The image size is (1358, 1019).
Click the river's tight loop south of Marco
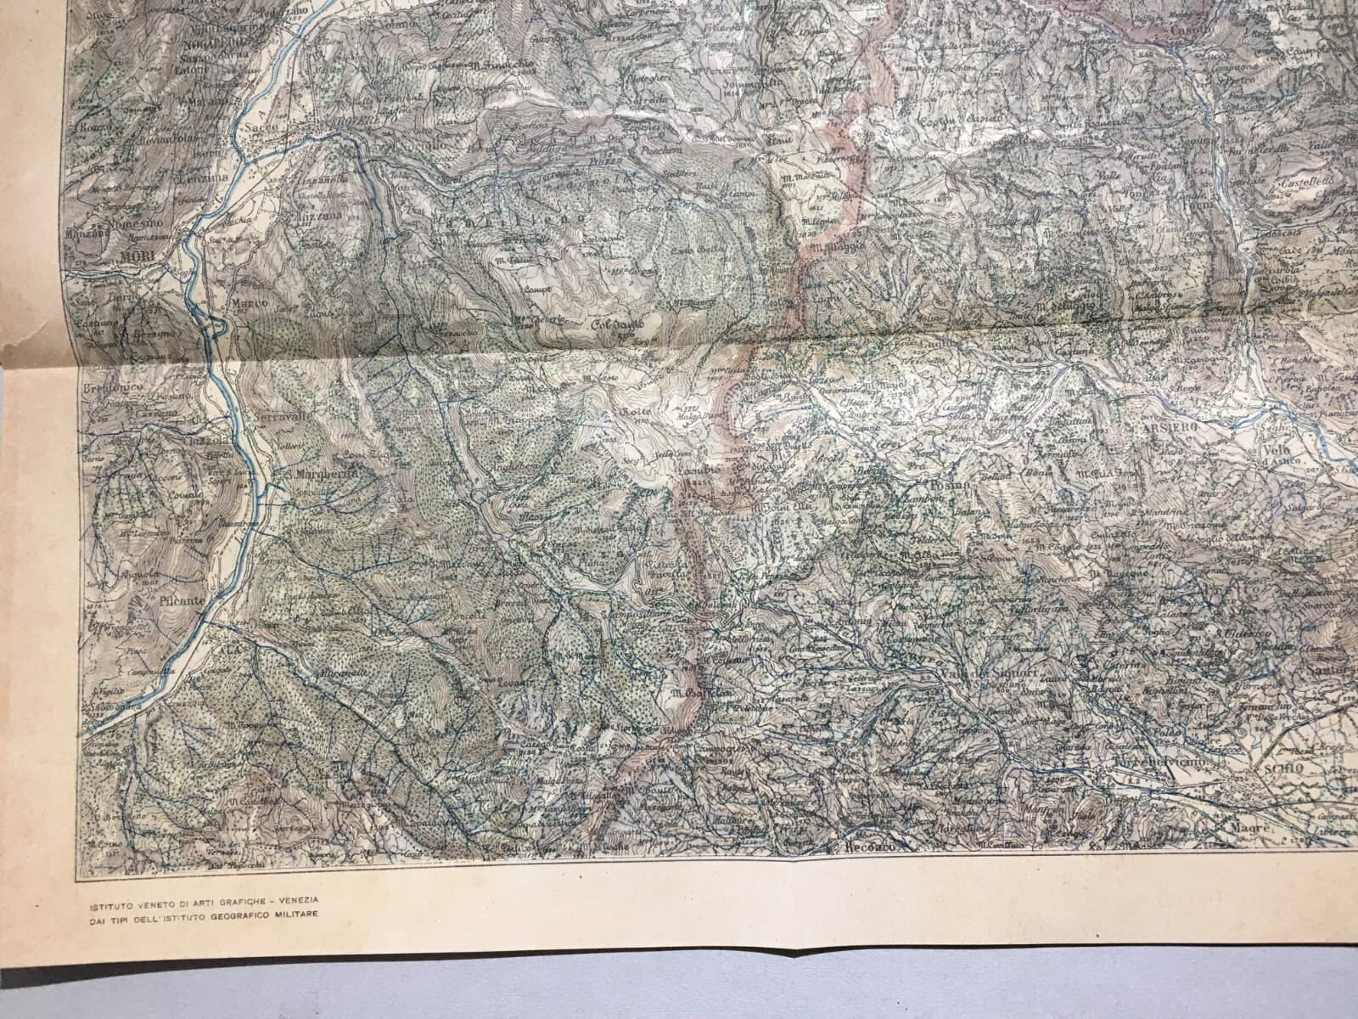218,324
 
